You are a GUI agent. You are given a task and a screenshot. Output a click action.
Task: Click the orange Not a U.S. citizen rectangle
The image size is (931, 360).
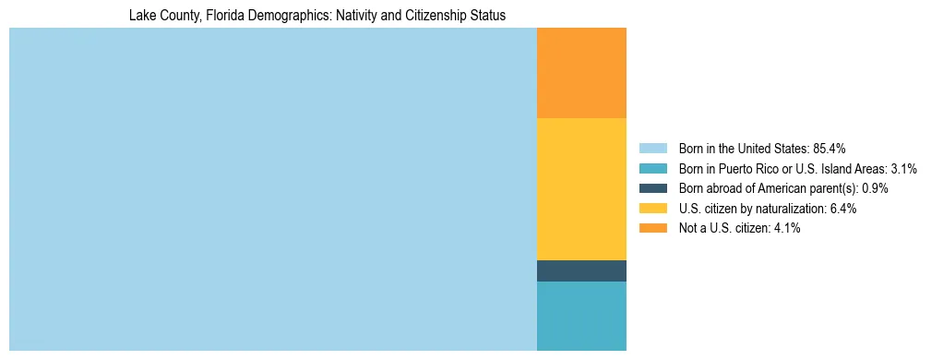point(581,73)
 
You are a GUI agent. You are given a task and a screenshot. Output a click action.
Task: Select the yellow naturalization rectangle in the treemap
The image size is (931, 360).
point(581,189)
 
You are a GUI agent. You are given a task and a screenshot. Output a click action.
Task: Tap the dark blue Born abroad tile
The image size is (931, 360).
point(581,270)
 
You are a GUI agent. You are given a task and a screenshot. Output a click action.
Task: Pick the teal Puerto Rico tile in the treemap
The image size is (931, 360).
point(581,316)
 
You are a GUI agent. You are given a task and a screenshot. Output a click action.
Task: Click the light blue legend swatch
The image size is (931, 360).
point(652,148)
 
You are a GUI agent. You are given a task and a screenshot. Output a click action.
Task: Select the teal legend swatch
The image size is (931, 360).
point(652,168)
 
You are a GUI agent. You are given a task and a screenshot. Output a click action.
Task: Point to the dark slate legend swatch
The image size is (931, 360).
point(652,188)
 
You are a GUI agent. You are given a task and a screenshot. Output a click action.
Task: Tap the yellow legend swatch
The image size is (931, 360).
point(652,209)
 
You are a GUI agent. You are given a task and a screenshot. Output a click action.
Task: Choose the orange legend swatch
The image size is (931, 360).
point(652,229)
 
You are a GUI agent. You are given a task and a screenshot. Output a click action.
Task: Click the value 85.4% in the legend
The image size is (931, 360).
point(829,148)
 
